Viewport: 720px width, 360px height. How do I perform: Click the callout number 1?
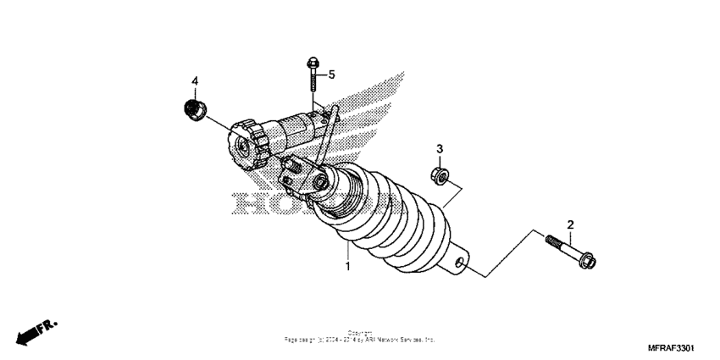coord(347,266)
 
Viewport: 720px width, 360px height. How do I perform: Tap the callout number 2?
coord(570,224)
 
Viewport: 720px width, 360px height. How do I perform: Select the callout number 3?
coord(439,150)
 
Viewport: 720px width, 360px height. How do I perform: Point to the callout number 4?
coord(194,81)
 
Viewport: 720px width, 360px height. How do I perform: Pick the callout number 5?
coord(332,75)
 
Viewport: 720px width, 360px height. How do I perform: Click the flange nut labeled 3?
coord(440,175)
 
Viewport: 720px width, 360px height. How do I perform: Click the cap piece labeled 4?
coord(196,109)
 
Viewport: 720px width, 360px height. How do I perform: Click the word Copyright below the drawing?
coord(360,333)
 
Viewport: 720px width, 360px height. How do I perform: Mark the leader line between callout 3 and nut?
coord(439,161)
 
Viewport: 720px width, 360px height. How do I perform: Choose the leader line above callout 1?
coord(347,252)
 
